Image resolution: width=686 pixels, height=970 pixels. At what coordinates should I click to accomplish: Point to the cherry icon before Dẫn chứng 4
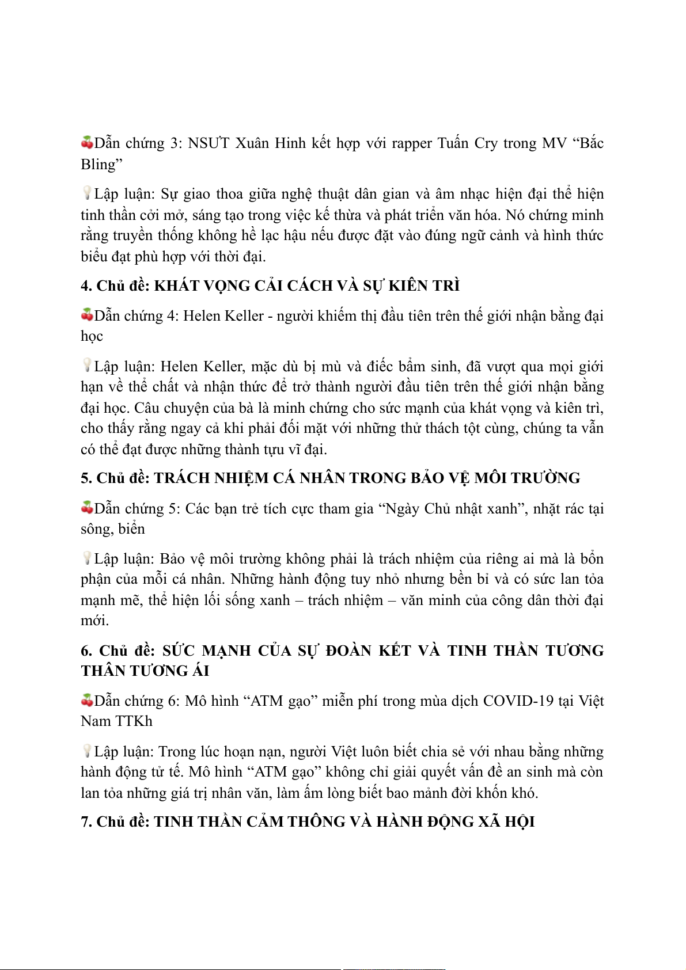tap(87, 315)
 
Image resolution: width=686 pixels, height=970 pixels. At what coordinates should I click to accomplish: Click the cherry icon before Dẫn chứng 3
tap(87, 142)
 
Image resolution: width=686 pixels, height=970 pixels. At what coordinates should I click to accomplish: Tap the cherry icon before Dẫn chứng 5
tap(87, 508)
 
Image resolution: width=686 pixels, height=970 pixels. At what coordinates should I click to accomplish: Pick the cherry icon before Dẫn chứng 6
tap(87, 700)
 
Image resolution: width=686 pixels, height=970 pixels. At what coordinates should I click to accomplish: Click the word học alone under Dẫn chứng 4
tap(92, 336)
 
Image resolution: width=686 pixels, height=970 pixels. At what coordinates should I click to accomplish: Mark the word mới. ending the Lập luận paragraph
tap(94, 621)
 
